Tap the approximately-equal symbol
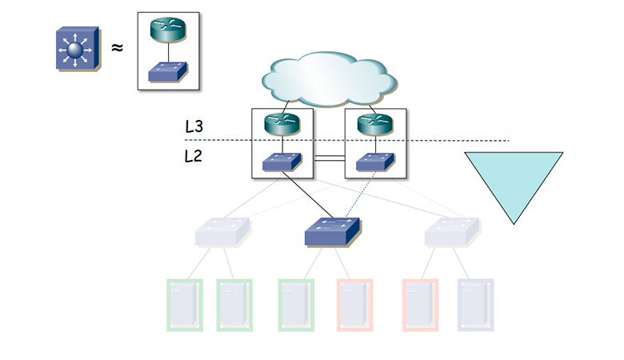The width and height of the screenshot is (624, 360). click(117, 48)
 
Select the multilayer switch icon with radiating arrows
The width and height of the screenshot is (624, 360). click(76, 49)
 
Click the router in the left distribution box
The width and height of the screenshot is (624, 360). click(282, 124)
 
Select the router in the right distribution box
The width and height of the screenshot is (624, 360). click(374, 124)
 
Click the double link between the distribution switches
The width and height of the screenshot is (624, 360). click(329, 160)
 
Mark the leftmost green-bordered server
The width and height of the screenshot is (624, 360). click(183, 305)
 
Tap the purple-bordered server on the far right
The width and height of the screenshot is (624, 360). click(475, 305)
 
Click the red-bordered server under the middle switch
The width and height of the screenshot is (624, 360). click(354, 305)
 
